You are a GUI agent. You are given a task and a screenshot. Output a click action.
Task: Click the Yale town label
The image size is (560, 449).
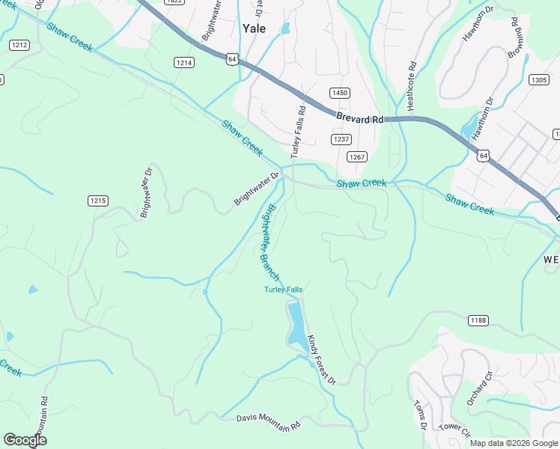(255, 28)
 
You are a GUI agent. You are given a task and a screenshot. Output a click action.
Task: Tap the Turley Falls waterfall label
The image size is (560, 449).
(283, 290)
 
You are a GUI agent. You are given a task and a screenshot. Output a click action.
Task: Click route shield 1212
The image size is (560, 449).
(19, 46)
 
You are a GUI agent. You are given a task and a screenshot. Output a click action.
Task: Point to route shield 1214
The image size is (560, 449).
(184, 63)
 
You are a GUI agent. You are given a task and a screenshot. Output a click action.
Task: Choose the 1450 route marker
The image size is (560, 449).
(339, 92)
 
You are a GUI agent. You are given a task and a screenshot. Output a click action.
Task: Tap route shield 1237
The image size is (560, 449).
(341, 139)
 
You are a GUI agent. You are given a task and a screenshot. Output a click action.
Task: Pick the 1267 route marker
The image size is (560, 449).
(356, 156)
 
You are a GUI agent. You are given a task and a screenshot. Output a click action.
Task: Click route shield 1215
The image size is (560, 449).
(98, 200)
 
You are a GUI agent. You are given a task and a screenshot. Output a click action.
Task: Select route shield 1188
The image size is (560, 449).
(478, 320)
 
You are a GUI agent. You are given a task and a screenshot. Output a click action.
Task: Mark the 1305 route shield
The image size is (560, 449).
(538, 79)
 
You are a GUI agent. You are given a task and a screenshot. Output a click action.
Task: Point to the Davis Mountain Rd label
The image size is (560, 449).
(268, 424)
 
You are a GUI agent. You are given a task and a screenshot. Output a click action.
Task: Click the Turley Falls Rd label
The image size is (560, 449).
(297, 129)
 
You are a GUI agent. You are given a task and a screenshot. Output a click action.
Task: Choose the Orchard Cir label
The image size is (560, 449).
(477, 388)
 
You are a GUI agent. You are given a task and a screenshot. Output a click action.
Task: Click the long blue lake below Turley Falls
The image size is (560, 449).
(296, 323)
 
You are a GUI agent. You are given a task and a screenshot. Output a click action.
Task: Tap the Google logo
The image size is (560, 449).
(25, 440)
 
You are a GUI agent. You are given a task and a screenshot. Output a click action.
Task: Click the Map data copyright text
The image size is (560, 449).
(514, 443)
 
